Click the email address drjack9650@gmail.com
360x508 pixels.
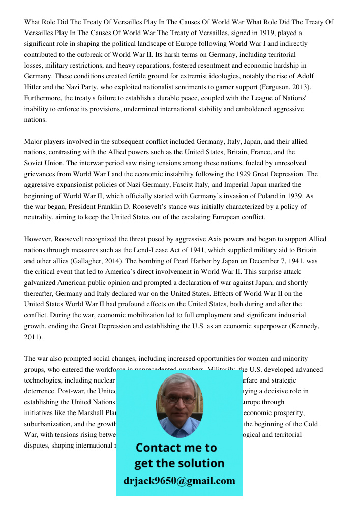tap(179, 481)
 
